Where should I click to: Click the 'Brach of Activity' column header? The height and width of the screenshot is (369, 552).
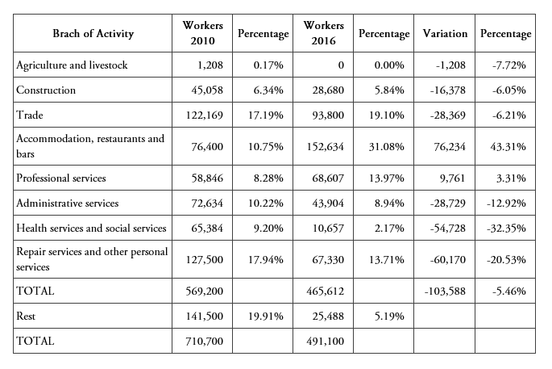click(93, 34)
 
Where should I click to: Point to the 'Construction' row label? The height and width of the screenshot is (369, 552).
click(47, 90)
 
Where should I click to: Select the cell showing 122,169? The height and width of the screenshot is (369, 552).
click(202, 115)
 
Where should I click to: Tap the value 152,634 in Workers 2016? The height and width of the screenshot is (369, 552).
click(323, 146)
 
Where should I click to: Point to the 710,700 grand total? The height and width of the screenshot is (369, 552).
click(202, 342)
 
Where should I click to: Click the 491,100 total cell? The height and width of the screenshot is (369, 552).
click(323, 342)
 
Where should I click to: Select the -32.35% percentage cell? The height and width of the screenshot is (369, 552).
click(506, 229)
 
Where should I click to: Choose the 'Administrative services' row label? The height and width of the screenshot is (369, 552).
click(68, 203)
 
